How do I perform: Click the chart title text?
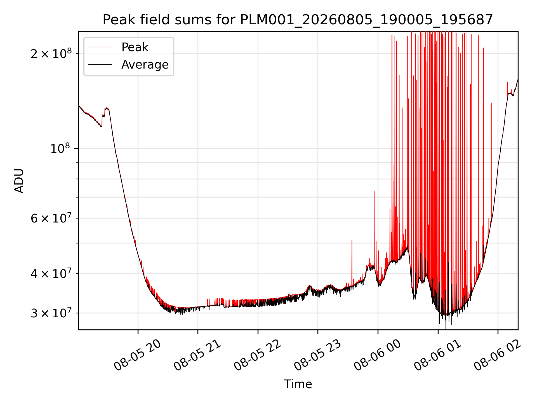point(298,20)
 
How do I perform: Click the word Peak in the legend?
point(135,47)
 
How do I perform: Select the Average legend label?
point(145,65)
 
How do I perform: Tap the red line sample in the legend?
point(100,47)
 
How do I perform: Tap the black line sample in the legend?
point(100,65)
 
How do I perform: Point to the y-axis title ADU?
point(19,181)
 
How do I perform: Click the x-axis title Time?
point(298,384)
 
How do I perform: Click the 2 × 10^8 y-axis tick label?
point(51,53)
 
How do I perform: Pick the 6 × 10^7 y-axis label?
point(51,218)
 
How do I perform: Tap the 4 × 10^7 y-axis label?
point(51,273)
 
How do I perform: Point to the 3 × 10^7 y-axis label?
point(51,313)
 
